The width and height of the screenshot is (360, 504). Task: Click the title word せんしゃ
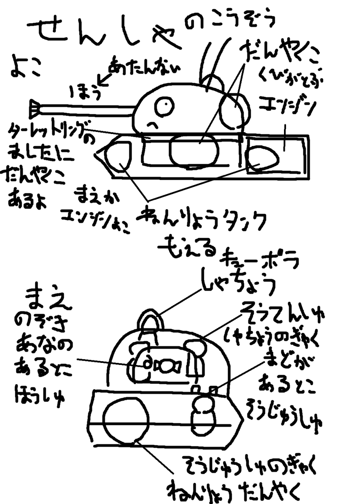105,34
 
